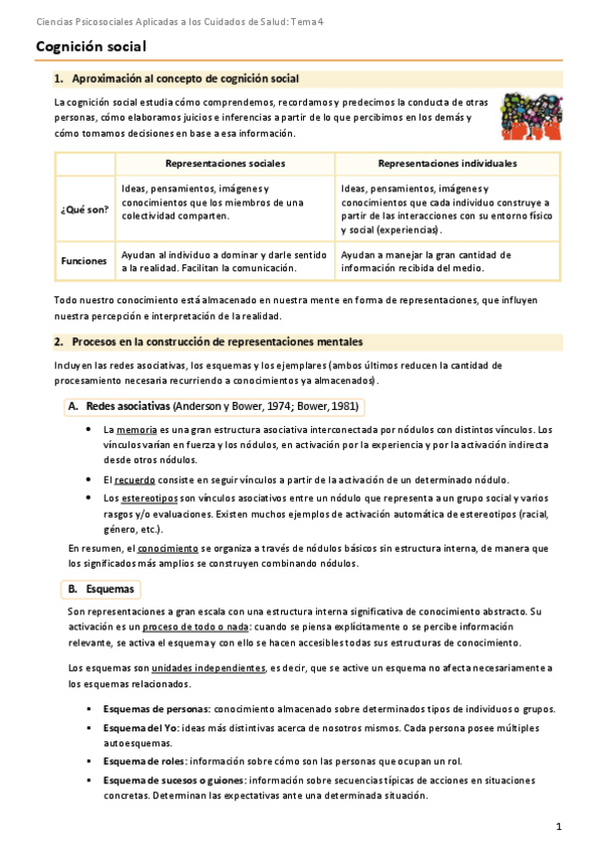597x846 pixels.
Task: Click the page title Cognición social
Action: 91,46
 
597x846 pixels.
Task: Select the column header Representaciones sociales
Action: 225,163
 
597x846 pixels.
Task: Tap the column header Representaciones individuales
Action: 448,163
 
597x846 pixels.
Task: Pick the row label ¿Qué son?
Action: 85,209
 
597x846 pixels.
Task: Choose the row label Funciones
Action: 85,260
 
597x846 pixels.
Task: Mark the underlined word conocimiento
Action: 166,548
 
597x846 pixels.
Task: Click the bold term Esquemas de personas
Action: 155,708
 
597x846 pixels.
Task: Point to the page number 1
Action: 559,826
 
